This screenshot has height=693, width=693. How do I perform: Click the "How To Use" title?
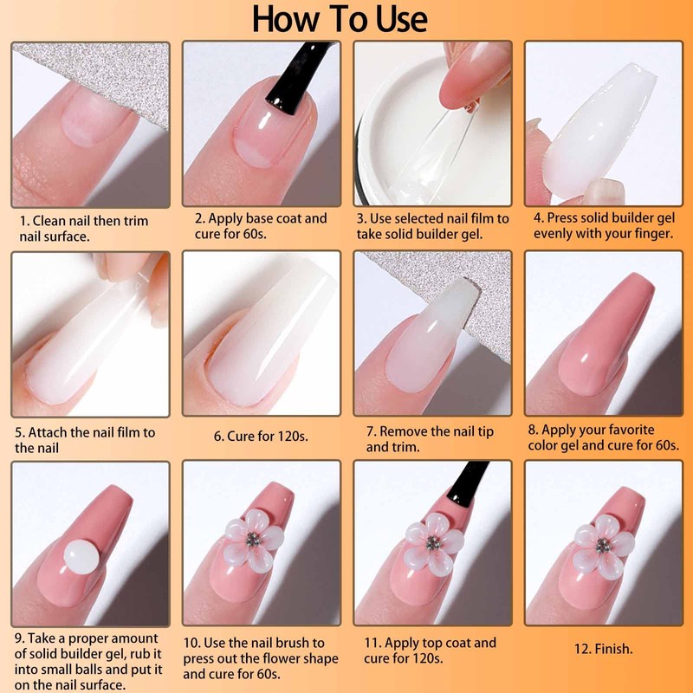[340, 19]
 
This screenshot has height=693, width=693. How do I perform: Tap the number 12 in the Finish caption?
[580, 648]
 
